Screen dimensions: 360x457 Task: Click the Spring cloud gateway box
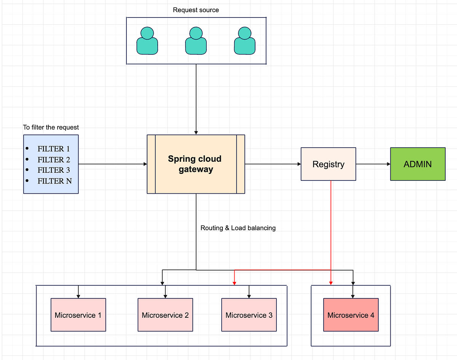pyautogui.click(x=196, y=164)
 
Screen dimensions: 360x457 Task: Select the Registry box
pyautogui.click(x=328, y=164)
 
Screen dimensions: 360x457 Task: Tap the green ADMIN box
pyautogui.click(x=417, y=164)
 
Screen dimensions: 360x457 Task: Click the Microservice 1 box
pyautogui.click(x=78, y=315)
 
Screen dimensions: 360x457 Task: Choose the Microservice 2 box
pyautogui.click(x=165, y=315)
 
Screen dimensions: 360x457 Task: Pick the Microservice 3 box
pyautogui.click(x=249, y=315)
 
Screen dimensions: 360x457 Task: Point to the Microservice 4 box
pyautogui.click(x=351, y=315)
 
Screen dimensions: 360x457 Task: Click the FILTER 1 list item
pyautogui.click(x=54, y=149)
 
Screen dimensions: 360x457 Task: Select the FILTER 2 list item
pyautogui.click(x=54, y=159)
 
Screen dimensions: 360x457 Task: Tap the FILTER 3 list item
pyautogui.click(x=54, y=170)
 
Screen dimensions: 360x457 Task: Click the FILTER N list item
pyautogui.click(x=54, y=181)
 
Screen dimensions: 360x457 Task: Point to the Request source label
pyautogui.click(x=196, y=10)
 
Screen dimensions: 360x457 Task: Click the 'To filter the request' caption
pyautogui.click(x=51, y=127)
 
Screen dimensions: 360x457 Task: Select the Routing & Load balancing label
pyautogui.click(x=238, y=228)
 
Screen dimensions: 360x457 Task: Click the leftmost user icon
pyautogui.click(x=147, y=41)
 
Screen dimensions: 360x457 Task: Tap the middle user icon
pyautogui.click(x=196, y=41)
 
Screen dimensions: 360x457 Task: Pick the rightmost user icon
pyautogui.click(x=244, y=41)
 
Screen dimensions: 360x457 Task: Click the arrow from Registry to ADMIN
pyautogui.click(x=373, y=164)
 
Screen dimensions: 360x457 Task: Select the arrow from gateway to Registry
pyautogui.click(x=273, y=164)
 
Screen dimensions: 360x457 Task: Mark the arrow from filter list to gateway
pyautogui.click(x=113, y=164)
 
